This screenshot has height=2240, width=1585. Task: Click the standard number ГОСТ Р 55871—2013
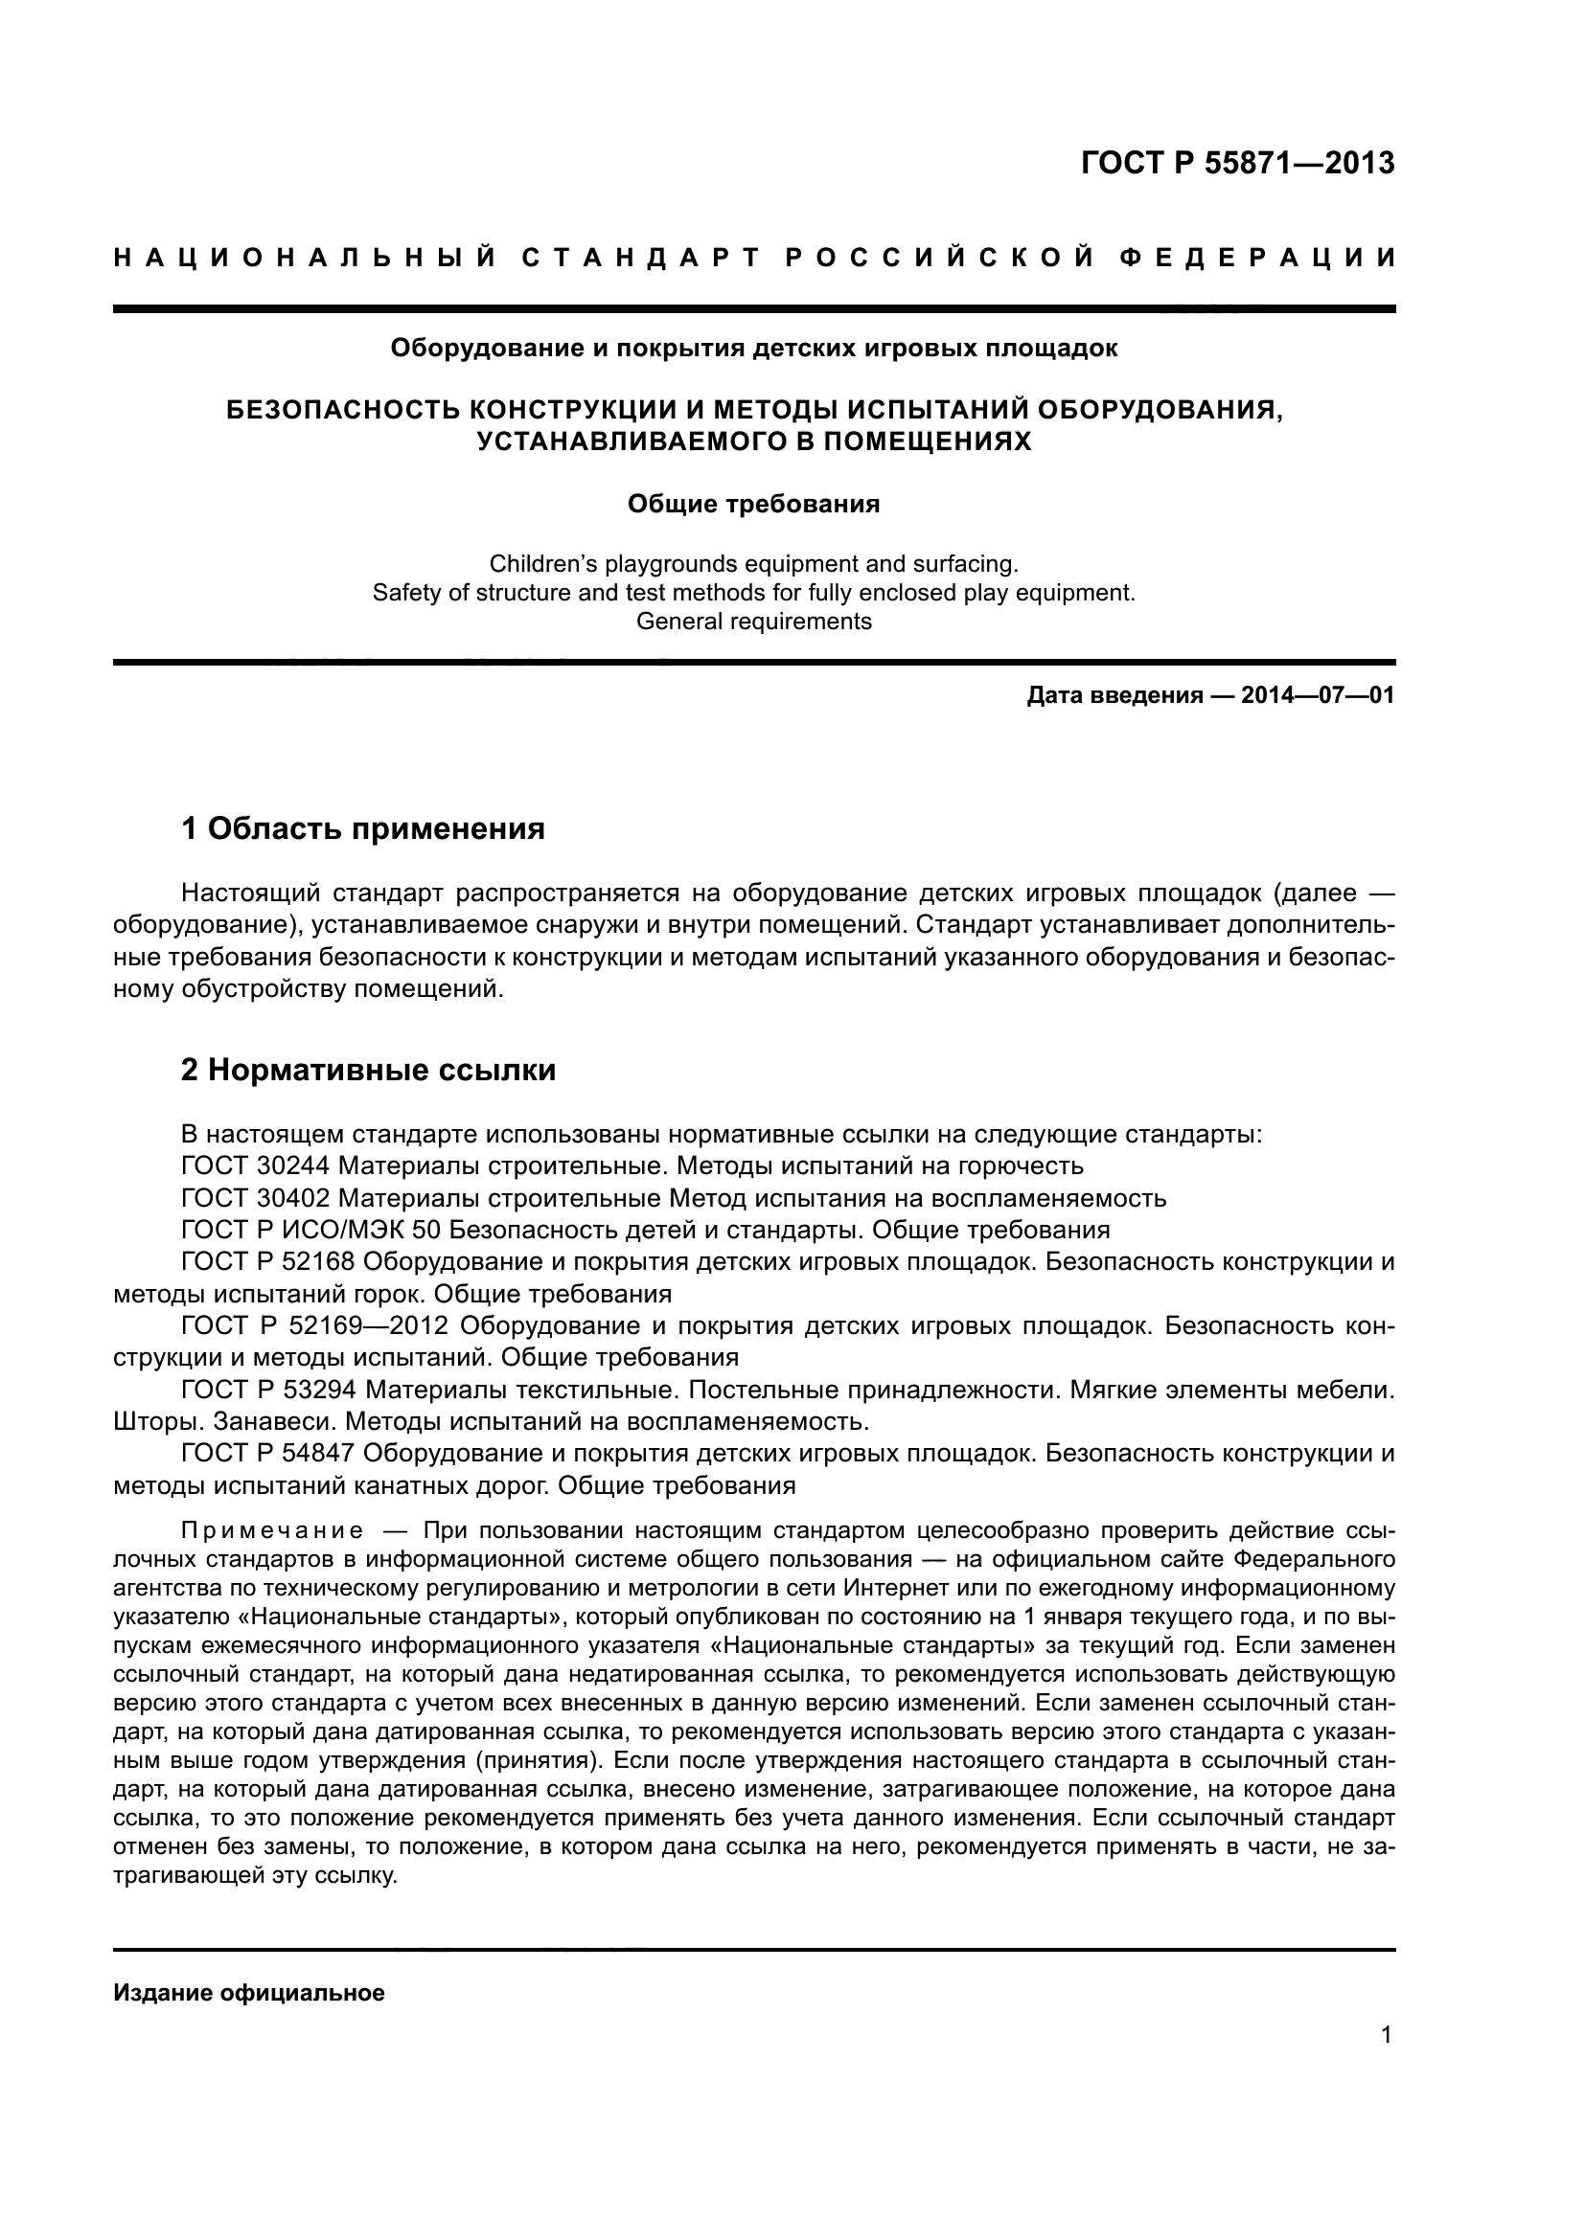click(x=1237, y=163)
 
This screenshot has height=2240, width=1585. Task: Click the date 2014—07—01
click(x=1318, y=695)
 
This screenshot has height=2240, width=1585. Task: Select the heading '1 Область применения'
click(x=363, y=829)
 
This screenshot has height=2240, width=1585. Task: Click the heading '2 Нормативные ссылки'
click(x=369, y=1071)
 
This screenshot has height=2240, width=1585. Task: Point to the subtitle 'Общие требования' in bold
click(x=753, y=505)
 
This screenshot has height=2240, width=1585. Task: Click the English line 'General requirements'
click(x=753, y=622)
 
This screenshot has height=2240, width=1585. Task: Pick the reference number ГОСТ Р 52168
click(x=268, y=1261)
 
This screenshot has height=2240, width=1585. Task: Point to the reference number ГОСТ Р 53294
click(x=268, y=1390)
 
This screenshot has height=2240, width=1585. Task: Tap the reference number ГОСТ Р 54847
click(x=268, y=1454)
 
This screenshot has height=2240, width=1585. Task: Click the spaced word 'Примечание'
click(x=272, y=1530)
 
